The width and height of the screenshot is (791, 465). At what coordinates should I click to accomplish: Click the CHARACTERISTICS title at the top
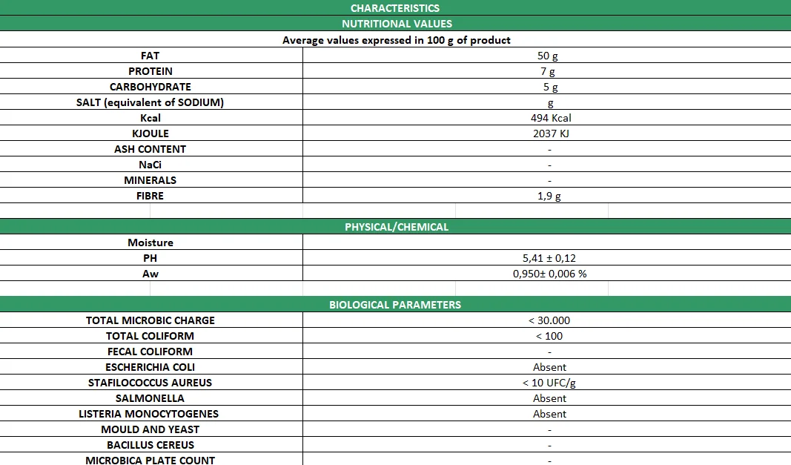tap(395, 8)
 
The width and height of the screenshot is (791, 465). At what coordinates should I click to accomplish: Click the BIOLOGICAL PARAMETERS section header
tap(395, 305)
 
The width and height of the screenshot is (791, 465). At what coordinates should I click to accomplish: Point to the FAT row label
tap(150, 56)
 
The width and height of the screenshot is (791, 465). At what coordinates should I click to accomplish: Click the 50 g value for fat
tap(548, 56)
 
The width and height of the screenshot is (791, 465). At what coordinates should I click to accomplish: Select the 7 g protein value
tap(548, 71)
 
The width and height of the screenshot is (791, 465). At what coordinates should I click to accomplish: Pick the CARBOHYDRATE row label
tap(150, 87)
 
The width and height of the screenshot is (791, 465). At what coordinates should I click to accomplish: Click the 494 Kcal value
tap(551, 118)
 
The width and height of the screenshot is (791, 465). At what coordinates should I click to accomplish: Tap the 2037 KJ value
tap(551, 133)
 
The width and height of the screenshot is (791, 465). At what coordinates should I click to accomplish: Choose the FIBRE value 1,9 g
tap(549, 196)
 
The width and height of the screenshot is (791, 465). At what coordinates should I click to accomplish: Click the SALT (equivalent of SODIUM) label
tap(150, 102)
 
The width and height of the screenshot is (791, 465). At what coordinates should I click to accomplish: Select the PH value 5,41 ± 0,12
tap(549, 258)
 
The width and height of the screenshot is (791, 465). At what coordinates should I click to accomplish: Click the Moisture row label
tap(150, 243)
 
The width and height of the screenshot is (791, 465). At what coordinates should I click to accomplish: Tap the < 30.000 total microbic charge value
tap(549, 320)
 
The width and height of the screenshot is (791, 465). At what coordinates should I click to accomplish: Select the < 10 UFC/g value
tap(549, 383)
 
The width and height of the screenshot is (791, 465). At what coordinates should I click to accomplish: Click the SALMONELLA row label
tap(150, 398)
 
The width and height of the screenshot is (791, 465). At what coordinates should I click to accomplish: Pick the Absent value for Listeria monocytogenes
tap(549, 414)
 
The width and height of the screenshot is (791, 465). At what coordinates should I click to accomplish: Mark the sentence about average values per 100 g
tap(397, 40)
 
